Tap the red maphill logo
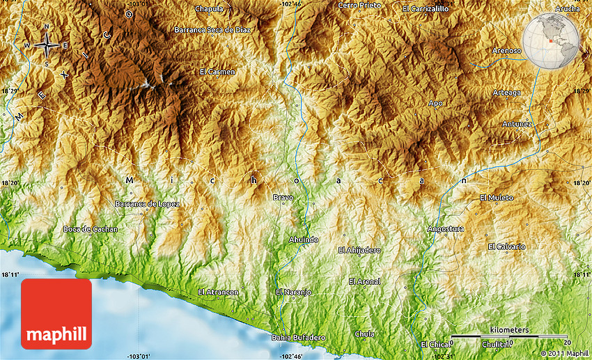coord(56,314)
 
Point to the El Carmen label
coord(217,72)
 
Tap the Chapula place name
coord(210,9)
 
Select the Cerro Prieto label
coord(359,5)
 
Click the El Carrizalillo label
coord(426,9)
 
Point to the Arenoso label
coord(506,51)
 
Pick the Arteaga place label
coord(506,93)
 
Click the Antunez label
coord(517,124)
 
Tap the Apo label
coord(436,103)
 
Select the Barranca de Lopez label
coord(147,204)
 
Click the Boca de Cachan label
coord(91,229)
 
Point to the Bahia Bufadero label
coord(298,338)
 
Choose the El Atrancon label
coord(218,292)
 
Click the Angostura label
coord(446,228)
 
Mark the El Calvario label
coord(506,246)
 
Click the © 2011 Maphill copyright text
coord(563,354)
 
